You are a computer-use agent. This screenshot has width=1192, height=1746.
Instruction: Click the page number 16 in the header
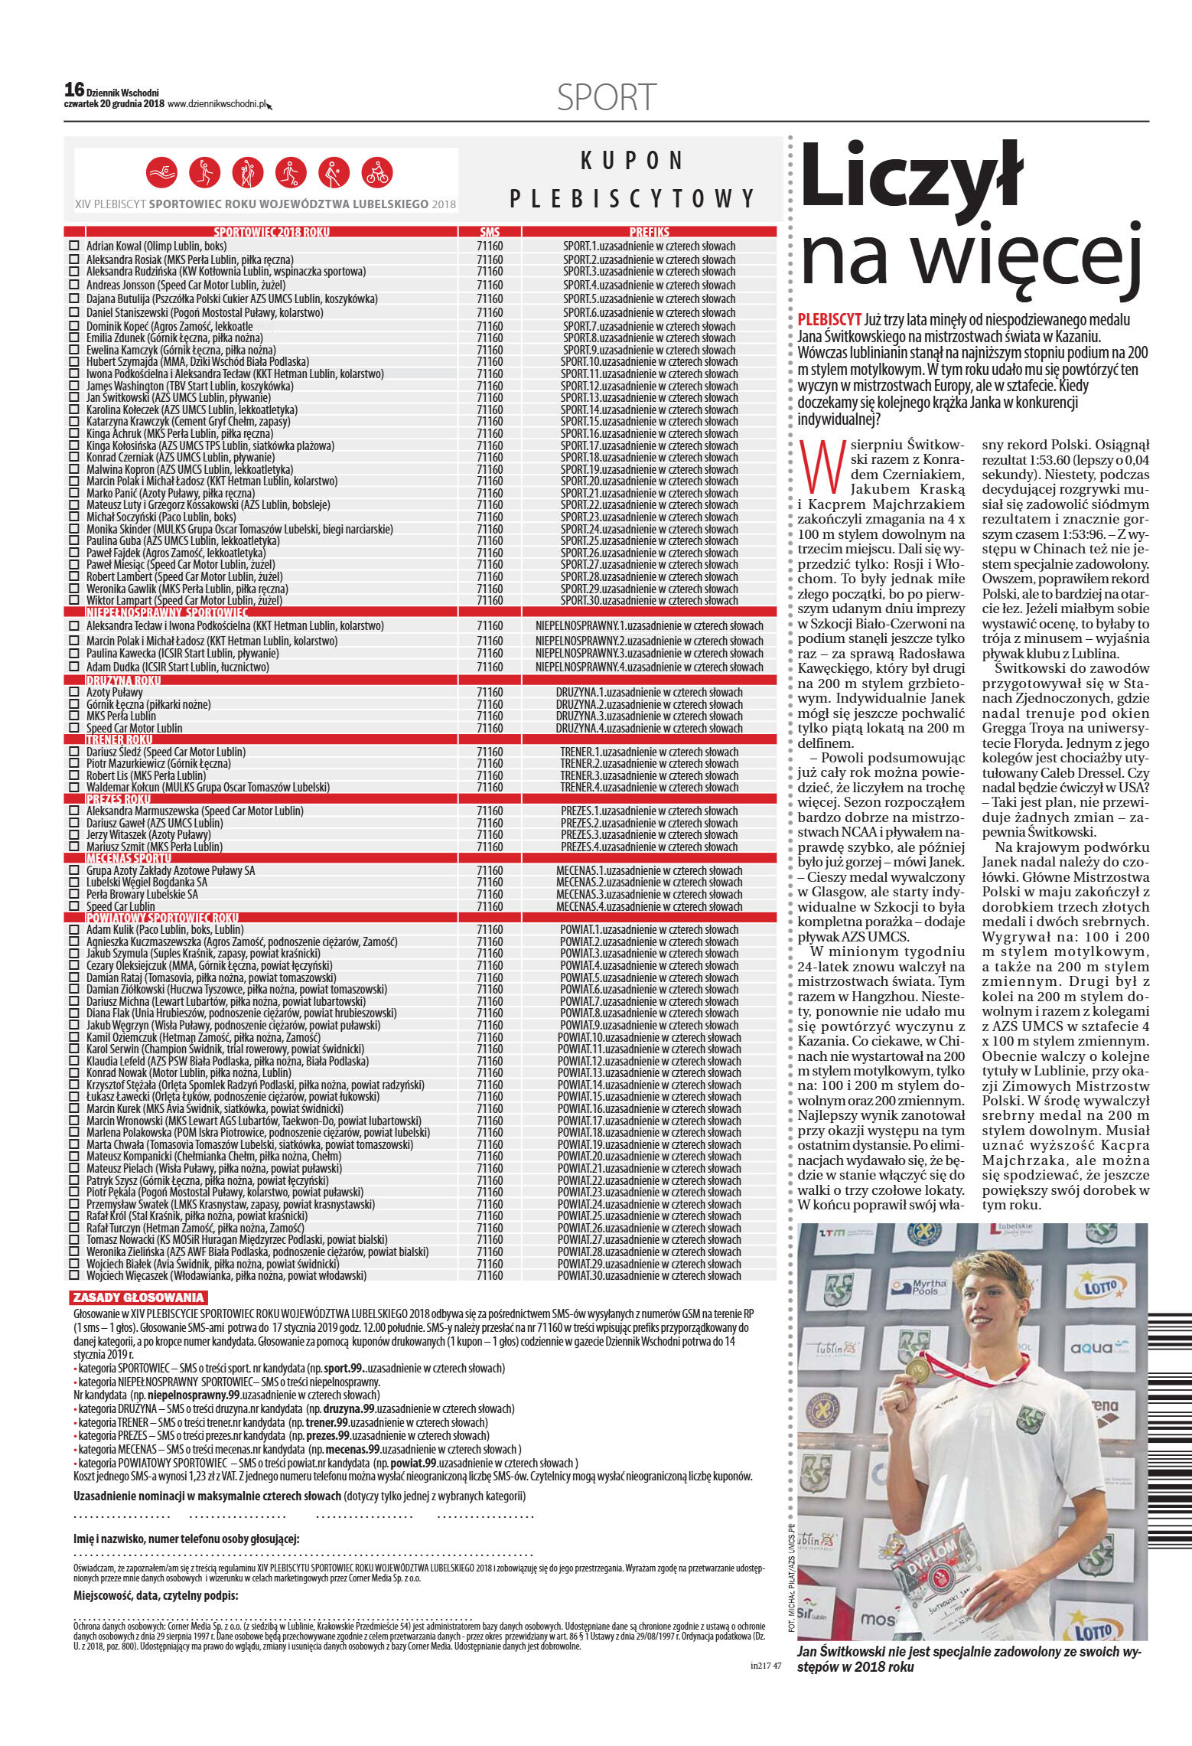pos(74,90)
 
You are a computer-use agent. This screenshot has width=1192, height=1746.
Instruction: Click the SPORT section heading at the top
pos(606,98)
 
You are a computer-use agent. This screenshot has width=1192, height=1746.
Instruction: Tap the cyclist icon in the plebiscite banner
pos(376,173)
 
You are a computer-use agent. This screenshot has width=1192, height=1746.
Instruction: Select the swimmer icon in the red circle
pos(161,173)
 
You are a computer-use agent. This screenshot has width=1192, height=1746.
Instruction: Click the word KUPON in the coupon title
pos(631,161)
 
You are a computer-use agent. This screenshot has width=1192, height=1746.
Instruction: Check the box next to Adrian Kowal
pos(74,246)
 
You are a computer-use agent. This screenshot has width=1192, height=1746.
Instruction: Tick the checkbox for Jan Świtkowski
pos(74,398)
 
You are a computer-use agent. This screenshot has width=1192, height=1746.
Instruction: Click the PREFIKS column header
pos(649,232)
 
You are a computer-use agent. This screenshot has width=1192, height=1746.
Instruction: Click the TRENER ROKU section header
pos(119,740)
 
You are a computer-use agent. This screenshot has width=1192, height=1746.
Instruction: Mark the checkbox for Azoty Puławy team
pos(74,692)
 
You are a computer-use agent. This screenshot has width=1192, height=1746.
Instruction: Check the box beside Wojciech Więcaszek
pos(74,1276)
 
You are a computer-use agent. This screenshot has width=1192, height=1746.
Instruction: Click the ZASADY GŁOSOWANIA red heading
pos(138,1297)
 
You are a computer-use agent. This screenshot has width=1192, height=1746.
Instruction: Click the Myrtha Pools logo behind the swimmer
pos(928,1287)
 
